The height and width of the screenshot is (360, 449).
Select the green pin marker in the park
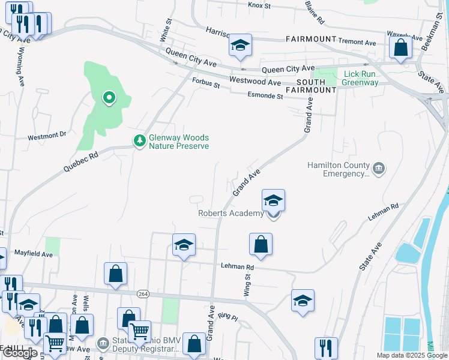coord(109,97)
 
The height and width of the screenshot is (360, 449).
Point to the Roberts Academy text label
coord(231,214)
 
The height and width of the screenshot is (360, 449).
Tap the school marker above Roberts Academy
coord(273,200)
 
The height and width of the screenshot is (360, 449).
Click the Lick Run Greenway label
coord(361,79)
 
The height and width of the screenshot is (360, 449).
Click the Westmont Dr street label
coord(47,136)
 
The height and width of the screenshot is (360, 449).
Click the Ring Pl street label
coord(228,316)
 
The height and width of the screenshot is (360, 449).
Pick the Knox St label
coord(259,5)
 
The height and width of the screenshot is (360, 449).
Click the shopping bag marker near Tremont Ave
coord(400,47)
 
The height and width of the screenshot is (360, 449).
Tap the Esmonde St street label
coord(265,96)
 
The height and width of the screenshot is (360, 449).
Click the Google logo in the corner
coord(20,353)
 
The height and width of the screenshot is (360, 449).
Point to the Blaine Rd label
coord(315,12)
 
